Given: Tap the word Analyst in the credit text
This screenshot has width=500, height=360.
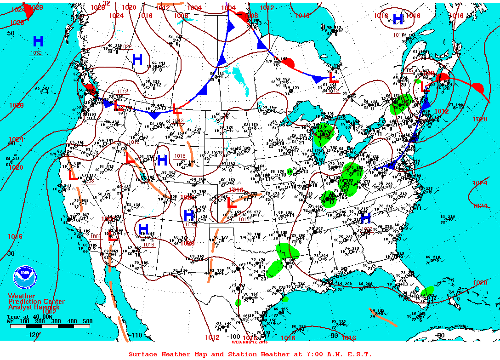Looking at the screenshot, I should click(x=22, y=307).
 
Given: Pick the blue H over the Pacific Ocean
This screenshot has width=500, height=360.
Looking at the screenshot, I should click(x=38, y=41).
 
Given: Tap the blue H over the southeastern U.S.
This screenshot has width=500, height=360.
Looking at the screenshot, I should click(x=366, y=218).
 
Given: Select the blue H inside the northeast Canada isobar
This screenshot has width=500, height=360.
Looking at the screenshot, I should click(x=398, y=19).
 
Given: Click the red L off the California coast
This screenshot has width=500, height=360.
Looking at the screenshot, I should click(x=73, y=175).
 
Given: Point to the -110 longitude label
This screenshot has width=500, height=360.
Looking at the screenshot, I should click(x=136, y=336).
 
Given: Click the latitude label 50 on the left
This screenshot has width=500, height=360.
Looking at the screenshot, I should click(x=11, y=33).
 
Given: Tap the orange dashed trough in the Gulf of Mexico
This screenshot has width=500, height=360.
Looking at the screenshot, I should click(x=382, y=317).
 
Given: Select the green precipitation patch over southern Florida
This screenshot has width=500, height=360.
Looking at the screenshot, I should click(x=427, y=292).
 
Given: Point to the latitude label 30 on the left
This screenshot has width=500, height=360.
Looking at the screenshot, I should click(x=11, y=253).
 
